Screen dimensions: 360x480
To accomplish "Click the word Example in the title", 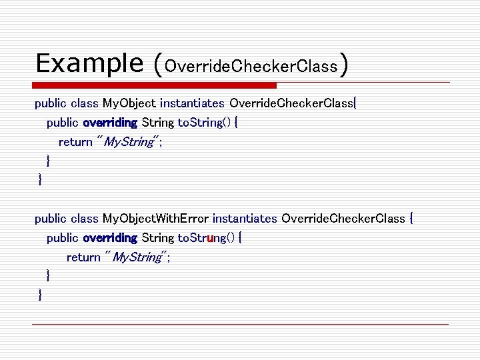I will tap(89, 63).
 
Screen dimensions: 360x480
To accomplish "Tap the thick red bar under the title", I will tap(156, 85).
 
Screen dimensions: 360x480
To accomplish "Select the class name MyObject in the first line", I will tap(129, 103).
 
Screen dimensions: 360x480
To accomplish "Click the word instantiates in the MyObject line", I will tap(192, 103).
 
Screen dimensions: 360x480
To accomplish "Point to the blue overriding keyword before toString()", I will tap(110, 123).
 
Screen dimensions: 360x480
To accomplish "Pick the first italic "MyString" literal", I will tap(129, 142).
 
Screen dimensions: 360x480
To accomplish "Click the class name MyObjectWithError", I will tap(155, 219).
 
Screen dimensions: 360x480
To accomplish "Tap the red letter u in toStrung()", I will tap(211, 238).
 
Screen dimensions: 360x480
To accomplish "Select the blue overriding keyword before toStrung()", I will tap(110, 238).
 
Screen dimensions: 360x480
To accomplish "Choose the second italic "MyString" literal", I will tap(137, 257).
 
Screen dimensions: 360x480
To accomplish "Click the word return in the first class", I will tap(75, 142).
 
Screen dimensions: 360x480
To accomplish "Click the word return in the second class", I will tap(83, 257).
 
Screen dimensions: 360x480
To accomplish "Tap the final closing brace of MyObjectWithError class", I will tap(41, 295).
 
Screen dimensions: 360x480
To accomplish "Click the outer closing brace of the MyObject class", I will tap(41, 179).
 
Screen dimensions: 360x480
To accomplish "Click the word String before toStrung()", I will tap(158, 238).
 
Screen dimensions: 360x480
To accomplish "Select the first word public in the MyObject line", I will tap(51, 103).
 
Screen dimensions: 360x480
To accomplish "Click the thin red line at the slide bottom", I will tap(240, 324).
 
